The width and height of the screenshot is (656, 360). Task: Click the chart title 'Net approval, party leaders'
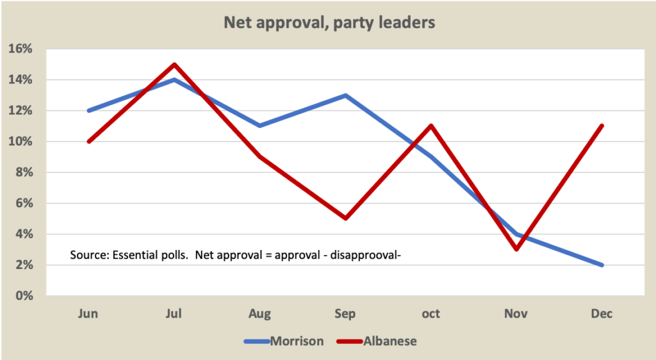point(329,23)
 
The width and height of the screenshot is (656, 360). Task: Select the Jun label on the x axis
point(88,314)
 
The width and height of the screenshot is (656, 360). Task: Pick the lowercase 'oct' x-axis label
point(430,314)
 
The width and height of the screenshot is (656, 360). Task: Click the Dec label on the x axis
point(602,314)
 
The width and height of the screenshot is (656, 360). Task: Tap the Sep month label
point(345,314)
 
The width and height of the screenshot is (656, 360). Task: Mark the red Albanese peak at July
point(174,64)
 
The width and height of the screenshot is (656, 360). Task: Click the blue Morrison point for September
point(345,95)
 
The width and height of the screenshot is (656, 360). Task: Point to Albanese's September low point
point(345,218)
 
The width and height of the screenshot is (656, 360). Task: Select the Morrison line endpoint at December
point(602,265)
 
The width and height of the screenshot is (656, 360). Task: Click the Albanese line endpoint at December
point(602,126)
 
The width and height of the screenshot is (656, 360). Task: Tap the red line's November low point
point(516,249)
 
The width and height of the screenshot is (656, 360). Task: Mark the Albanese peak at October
point(431,126)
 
